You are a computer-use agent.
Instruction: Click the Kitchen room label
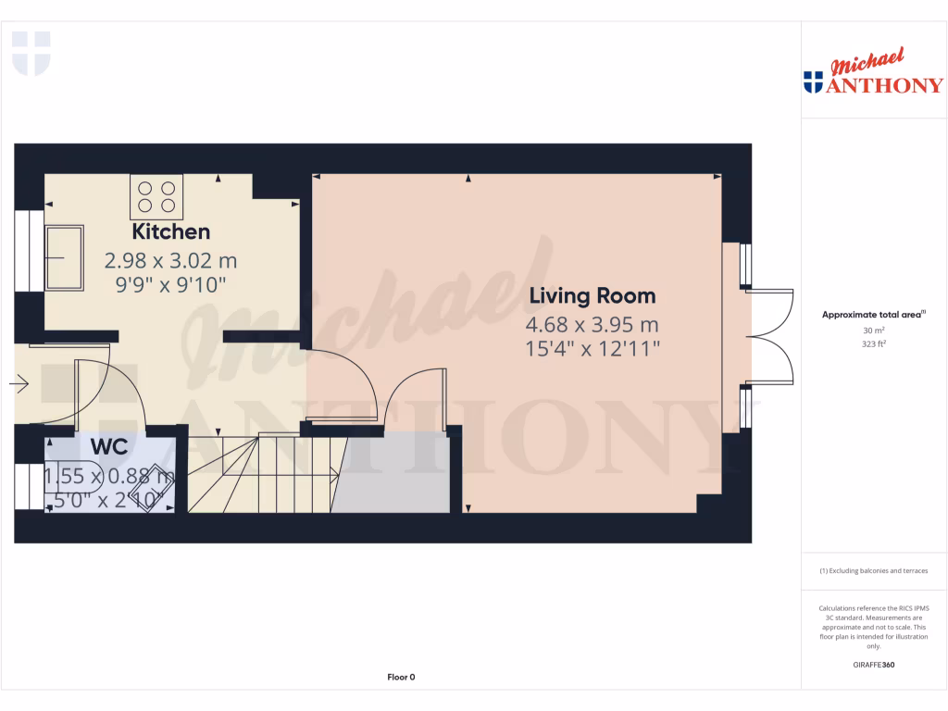coord(171,231)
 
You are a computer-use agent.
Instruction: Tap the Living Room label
coord(592,296)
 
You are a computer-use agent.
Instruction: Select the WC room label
coord(108,446)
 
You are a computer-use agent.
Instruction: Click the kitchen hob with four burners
coord(156,195)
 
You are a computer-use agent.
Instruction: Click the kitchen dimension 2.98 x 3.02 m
coord(170,260)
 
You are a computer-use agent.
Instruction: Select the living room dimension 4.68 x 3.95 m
coord(592,325)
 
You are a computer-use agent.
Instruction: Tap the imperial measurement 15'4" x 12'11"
coord(592,349)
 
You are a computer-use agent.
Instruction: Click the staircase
coord(259,474)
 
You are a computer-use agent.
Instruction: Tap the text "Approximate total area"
coord(872,315)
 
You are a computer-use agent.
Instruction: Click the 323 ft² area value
coord(874,343)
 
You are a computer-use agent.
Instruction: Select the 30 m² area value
coord(874,330)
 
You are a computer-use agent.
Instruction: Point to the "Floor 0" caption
coord(401,677)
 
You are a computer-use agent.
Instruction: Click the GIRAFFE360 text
coord(874,665)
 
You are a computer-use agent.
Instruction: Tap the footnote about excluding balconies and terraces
coord(873,571)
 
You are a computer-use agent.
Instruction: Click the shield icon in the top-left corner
coord(31,53)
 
